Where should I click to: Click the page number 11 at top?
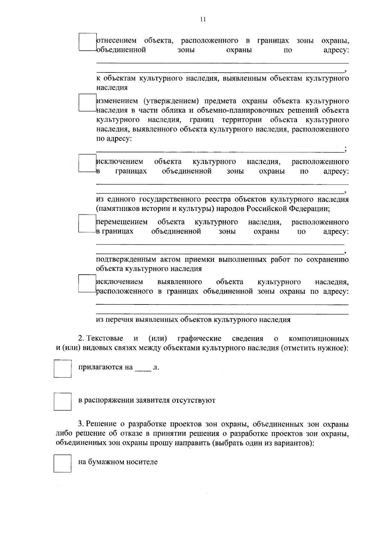point(203,19)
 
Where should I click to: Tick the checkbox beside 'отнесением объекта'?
point(87,42)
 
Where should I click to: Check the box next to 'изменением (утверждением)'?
point(87,103)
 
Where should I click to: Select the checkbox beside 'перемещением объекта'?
point(87,223)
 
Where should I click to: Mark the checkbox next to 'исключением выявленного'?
point(87,283)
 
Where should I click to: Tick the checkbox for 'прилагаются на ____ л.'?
point(63,369)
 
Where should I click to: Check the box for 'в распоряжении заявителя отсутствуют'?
point(63,401)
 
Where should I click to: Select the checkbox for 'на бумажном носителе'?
point(63,464)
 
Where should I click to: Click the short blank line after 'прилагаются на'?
point(143,369)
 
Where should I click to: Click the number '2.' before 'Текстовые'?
point(81,339)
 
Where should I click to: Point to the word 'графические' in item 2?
point(199,339)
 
